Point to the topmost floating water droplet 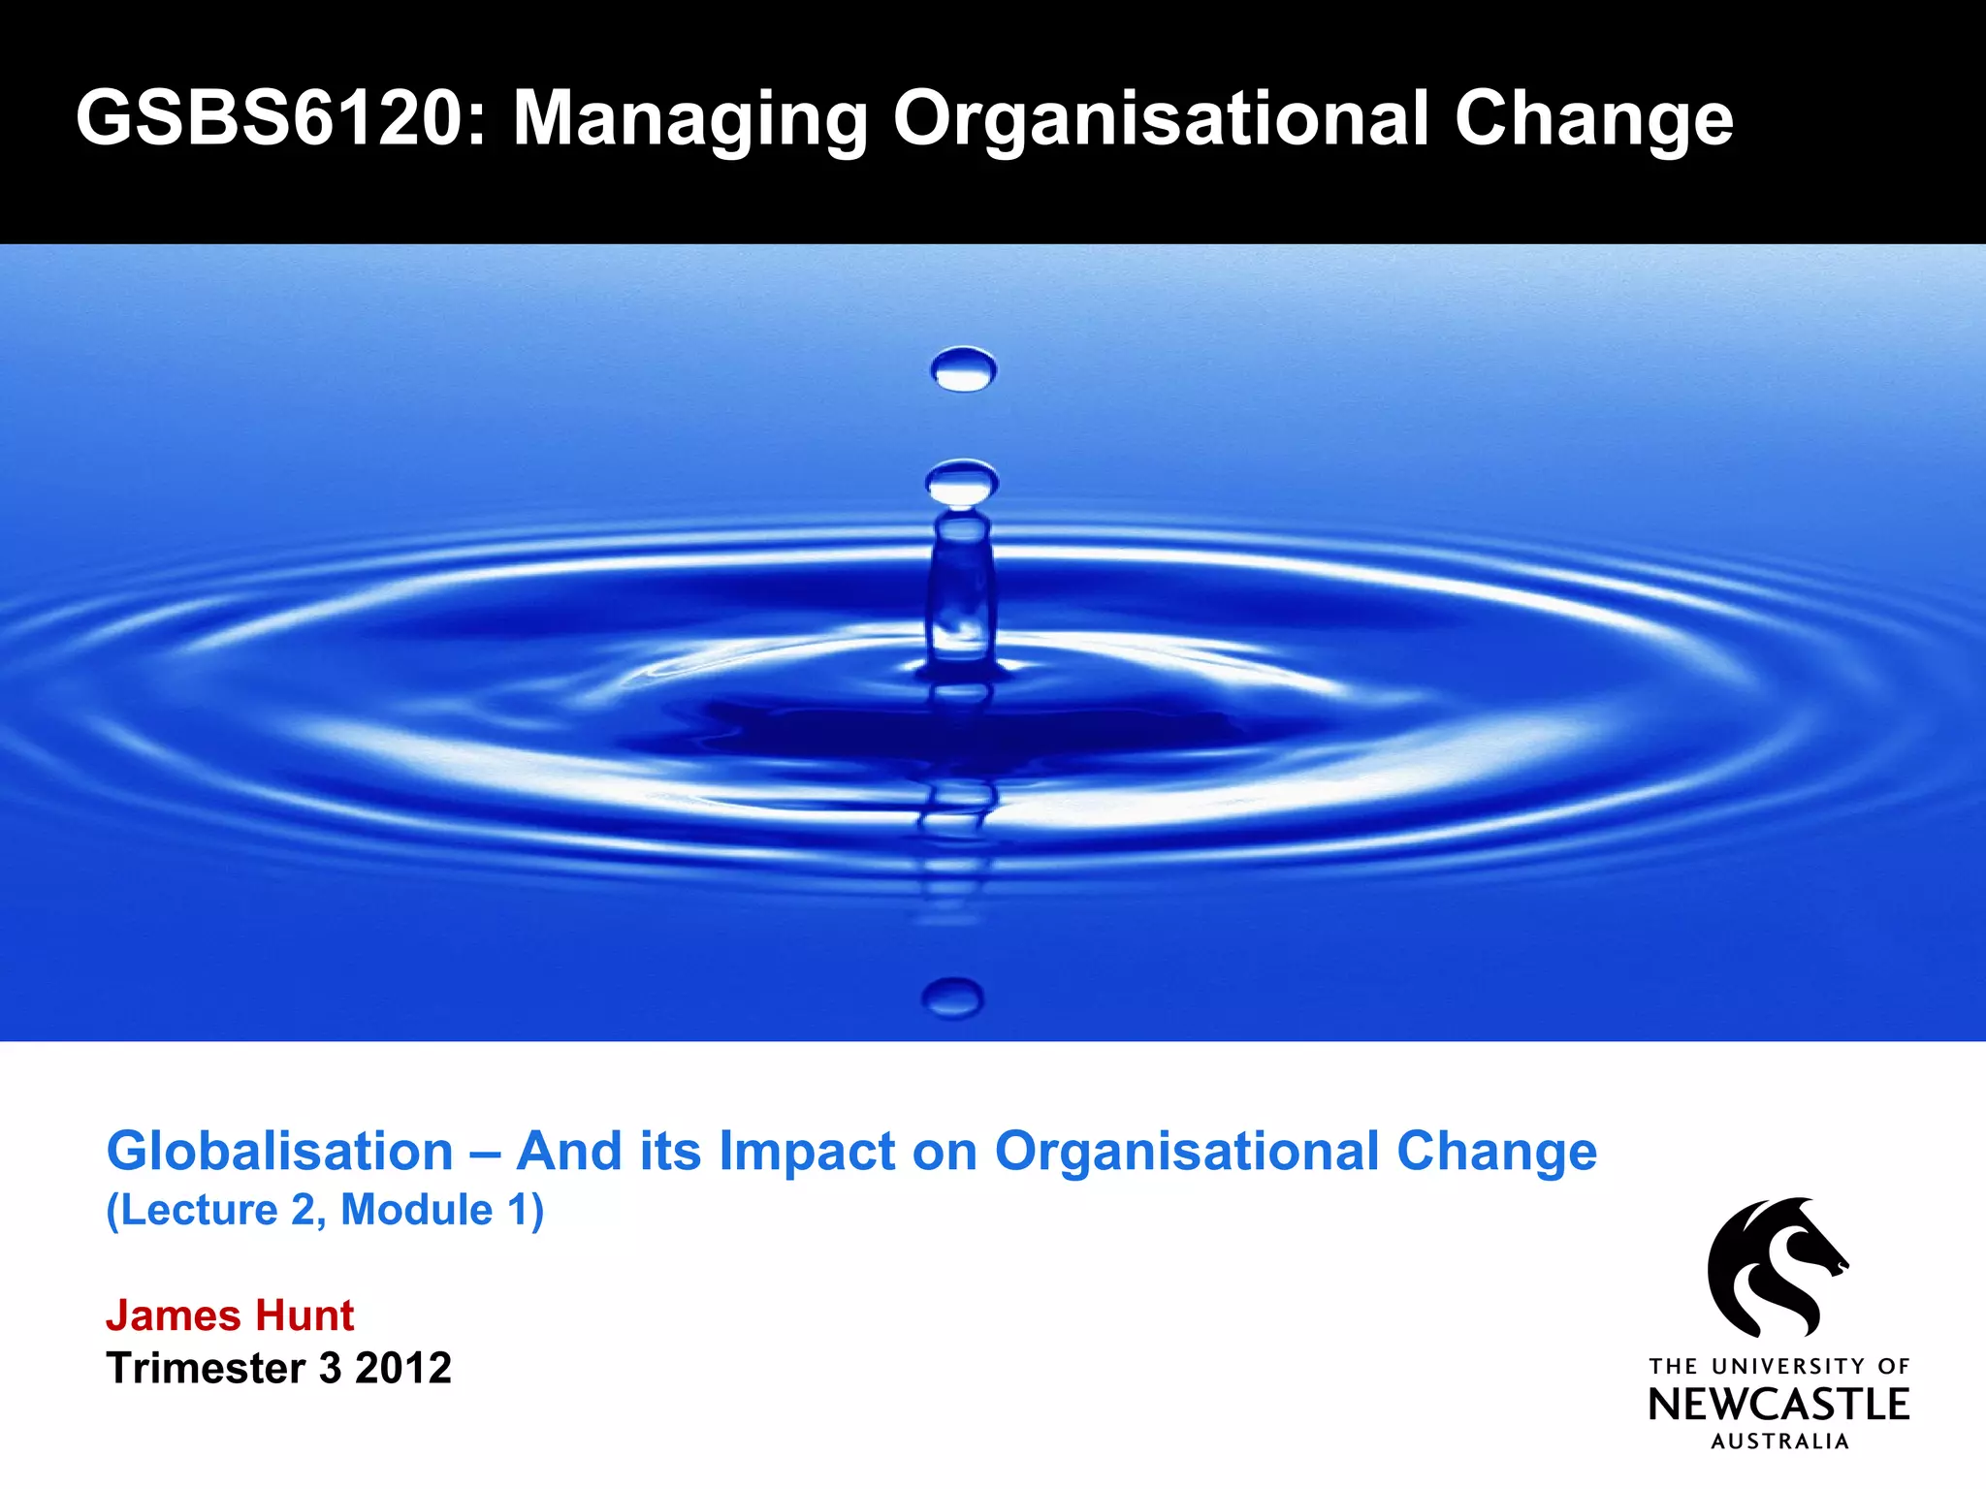[x=962, y=369]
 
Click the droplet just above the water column [x=961, y=483]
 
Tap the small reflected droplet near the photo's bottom [x=953, y=997]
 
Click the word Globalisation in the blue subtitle [x=279, y=1152]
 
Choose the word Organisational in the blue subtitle [x=1186, y=1152]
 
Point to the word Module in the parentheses [x=417, y=1210]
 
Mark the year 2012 [x=403, y=1368]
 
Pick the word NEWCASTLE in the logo [x=1778, y=1405]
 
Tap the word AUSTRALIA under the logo [x=1779, y=1441]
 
